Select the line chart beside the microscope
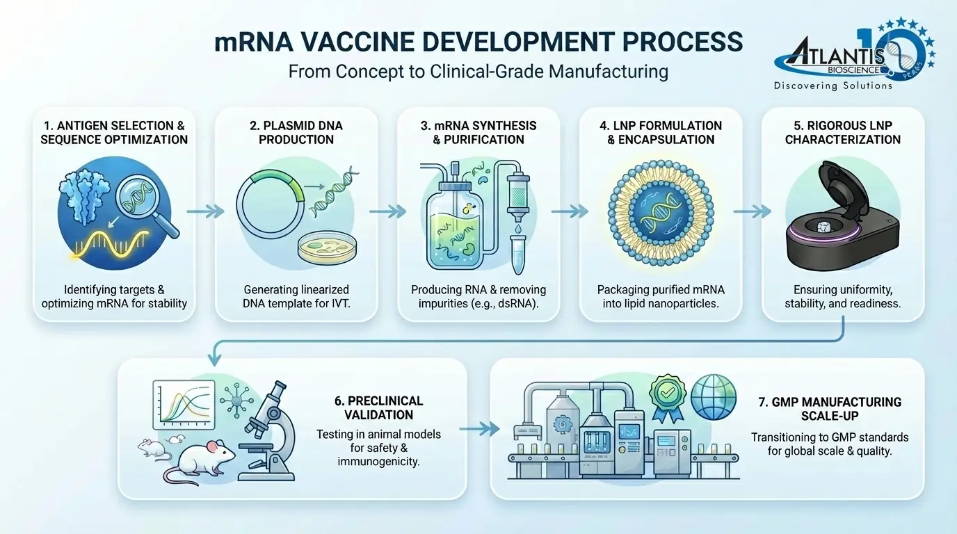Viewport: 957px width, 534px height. [x=184, y=406]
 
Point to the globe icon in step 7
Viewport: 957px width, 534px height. [x=713, y=396]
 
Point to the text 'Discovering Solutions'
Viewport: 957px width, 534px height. [x=833, y=86]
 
